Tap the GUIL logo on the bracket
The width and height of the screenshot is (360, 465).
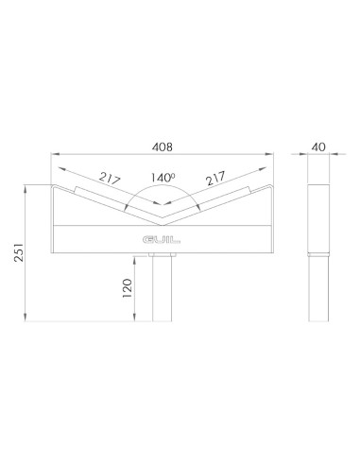tap(161, 240)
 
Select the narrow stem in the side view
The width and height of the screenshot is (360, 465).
tap(319, 288)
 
